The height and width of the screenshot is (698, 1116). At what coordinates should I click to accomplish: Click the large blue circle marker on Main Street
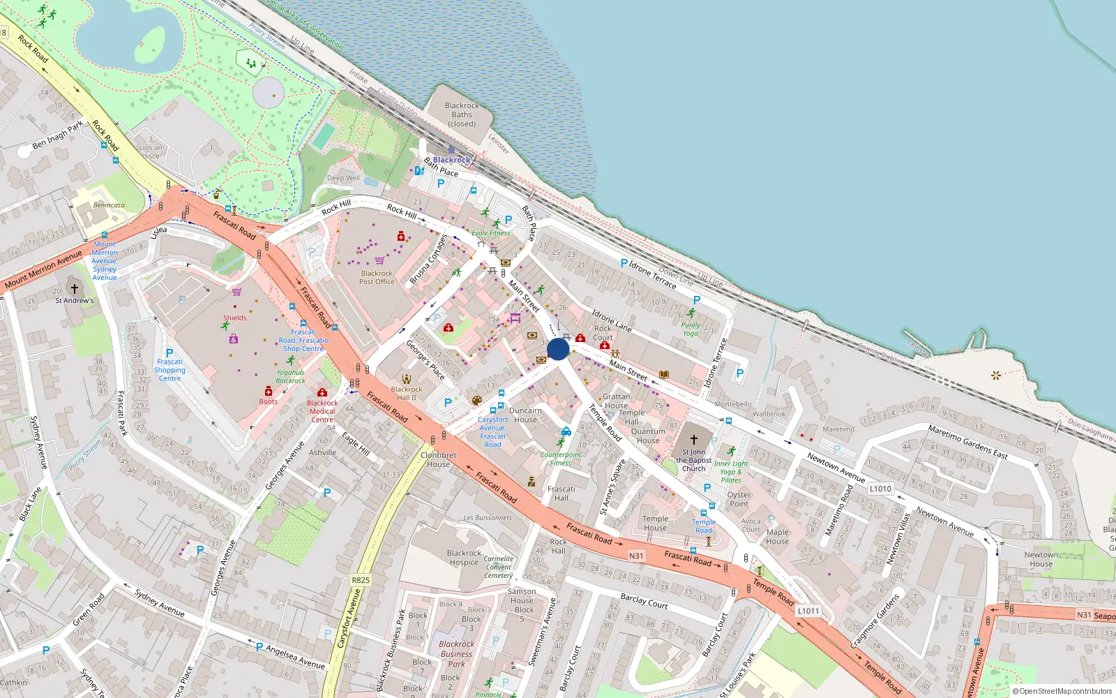tap(558, 349)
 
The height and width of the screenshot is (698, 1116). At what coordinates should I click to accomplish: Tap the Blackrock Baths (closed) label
tap(462, 115)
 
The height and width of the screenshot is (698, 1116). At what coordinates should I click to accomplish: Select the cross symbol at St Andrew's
tap(75, 288)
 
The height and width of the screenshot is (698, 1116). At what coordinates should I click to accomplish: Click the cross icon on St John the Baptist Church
tap(693, 440)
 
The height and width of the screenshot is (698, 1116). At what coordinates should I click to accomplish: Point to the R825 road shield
tap(360, 580)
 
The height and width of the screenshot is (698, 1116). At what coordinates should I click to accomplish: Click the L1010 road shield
tap(880, 489)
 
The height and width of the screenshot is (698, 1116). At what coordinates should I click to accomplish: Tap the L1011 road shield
tap(808, 611)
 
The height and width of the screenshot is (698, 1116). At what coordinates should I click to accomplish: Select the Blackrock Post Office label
tap(377, 278)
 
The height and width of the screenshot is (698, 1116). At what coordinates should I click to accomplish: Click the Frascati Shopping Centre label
tap(169, 370)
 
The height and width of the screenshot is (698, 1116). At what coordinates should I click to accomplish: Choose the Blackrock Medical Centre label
tap(322, 411)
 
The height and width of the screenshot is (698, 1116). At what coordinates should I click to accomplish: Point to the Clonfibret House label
tap(438, 460)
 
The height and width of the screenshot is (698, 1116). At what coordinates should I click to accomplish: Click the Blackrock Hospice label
tap(464, 558)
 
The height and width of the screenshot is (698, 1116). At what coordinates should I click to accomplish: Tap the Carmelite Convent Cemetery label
tap(498, 567)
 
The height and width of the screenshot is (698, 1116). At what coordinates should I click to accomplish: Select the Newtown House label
tap(1041, 559)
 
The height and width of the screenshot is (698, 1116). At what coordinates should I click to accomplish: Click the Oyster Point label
tap(739, 499)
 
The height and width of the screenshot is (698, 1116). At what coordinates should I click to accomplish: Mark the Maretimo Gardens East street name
tap(967, 441)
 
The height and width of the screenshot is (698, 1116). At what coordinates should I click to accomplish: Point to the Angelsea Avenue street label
tap(295, 656)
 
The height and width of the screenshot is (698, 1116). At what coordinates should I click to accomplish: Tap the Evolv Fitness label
tap(490, 233)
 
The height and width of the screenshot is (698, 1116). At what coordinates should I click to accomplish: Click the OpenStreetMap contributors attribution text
tap(1062, 692)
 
